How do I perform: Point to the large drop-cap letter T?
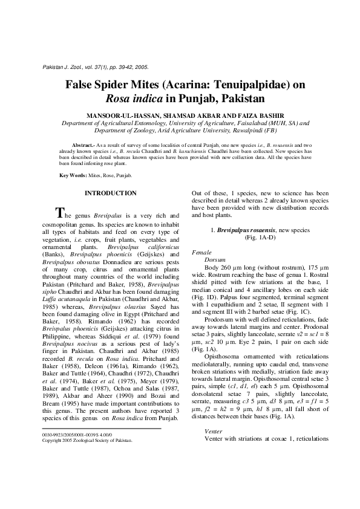coord(59,213)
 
